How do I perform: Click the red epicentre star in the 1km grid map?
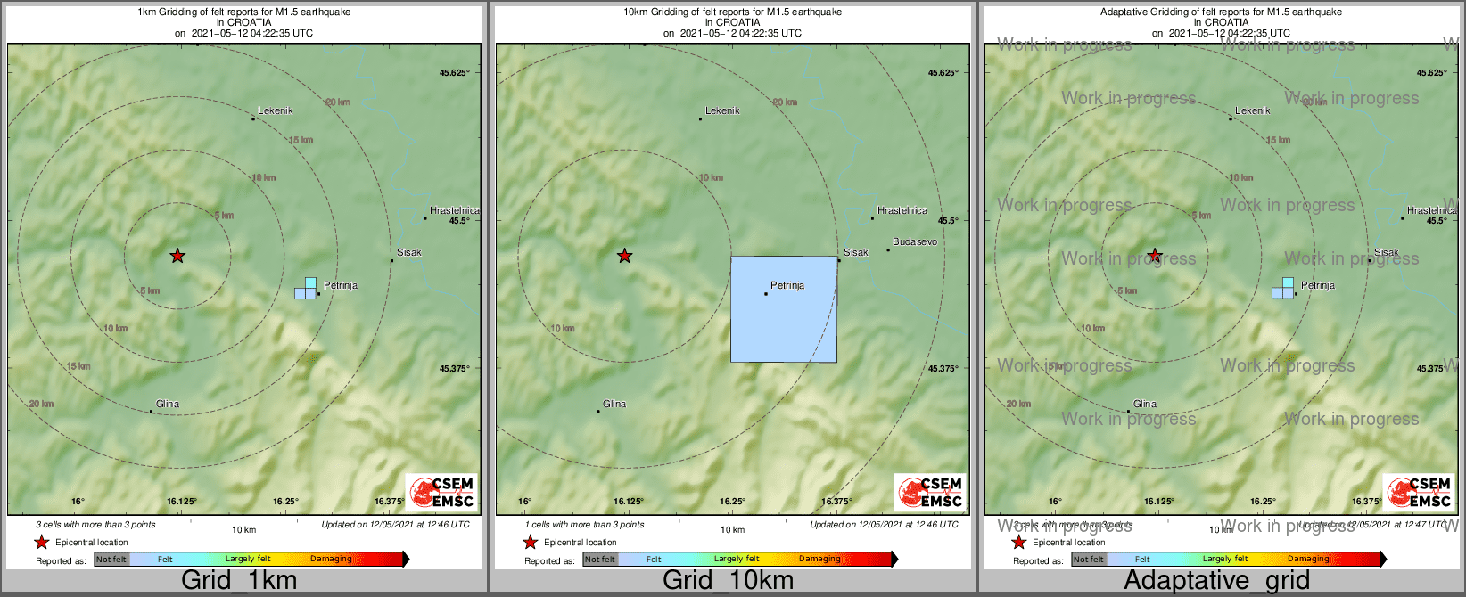[x=177, y=256]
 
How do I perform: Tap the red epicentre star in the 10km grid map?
[x=624, y=256]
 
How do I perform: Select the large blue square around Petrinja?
[x=784, y=309]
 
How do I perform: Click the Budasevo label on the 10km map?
[x=915, y=241]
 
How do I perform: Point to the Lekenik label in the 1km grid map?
[x=275, y=110]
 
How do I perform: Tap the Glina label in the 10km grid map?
[x=614, y=404]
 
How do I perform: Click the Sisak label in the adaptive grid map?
[x=1386, y=252]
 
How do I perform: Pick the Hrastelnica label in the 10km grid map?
[x=902, y=210]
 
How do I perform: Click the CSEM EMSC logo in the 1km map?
[x=441, y=492]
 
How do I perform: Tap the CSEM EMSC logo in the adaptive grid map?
[x=1418, y=492]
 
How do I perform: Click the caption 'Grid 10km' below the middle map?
[x=728, y=580]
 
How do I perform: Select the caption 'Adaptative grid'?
[x=1216, y=580]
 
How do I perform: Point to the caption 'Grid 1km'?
[x=239, y=580]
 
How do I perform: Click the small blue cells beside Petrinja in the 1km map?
[x=306, y=289]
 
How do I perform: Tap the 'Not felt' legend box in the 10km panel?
[x=600, y=560]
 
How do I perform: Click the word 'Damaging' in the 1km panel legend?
[x=331, y=559]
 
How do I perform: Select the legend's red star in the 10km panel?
[x=531, y=542]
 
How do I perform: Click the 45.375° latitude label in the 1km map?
[x=454, y=368]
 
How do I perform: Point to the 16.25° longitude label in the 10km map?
[x=732, y=502]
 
